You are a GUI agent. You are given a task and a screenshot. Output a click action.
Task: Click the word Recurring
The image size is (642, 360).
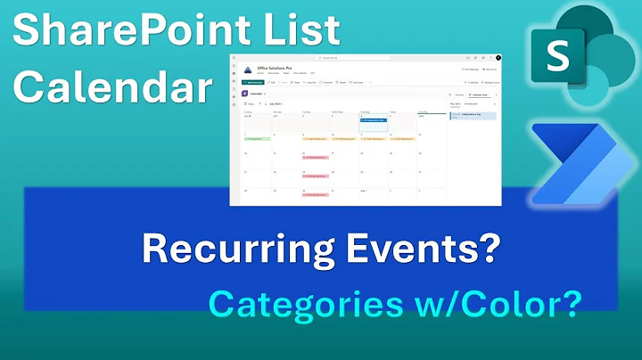tap(221, 250)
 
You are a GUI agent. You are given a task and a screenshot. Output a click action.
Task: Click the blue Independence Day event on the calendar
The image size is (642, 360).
tap(374, 119)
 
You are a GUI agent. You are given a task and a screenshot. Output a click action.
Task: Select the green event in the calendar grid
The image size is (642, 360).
tap(258, 139)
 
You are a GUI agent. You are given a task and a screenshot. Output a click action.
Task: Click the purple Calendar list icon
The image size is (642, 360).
tap(245, 93)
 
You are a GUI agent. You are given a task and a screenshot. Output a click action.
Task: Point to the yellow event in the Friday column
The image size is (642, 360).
tap(402, 139)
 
